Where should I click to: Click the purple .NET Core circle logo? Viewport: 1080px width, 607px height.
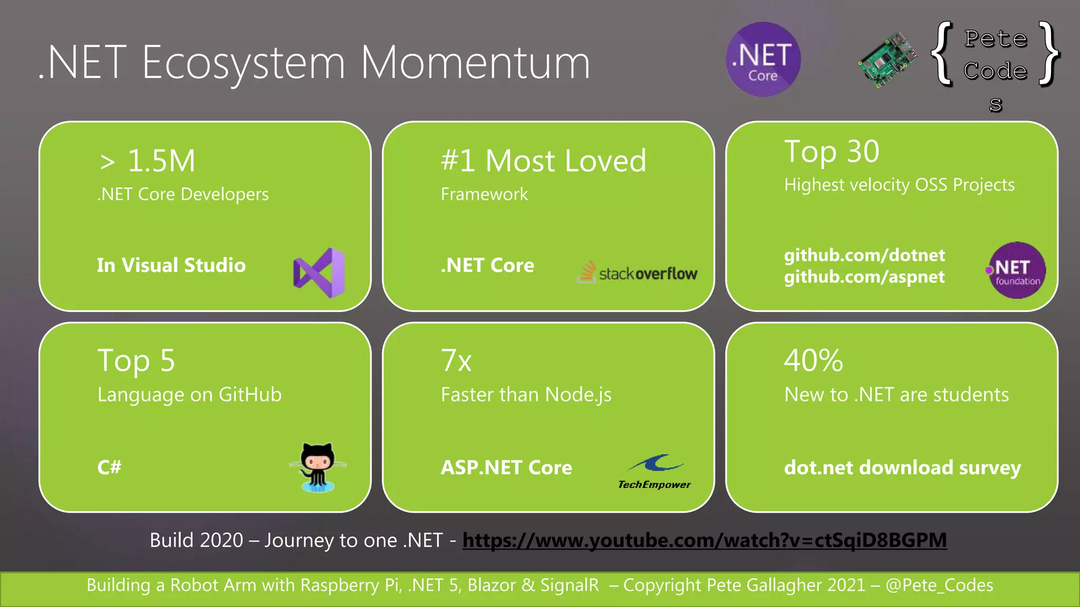click(763, 60)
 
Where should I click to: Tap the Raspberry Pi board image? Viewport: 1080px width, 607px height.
click(888, 60)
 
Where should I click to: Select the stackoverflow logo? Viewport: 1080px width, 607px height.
click(638, 272)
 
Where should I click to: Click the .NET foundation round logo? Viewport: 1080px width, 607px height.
click(1016, 270)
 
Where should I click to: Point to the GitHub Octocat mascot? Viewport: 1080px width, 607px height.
click(318, 467)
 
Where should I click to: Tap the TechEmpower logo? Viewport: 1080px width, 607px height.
click(654, 472)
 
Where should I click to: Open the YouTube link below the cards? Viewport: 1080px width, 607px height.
click(705, 540)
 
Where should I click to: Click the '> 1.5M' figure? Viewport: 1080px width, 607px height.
click(148, 161)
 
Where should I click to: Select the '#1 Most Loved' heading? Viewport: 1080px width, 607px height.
click(543, 161)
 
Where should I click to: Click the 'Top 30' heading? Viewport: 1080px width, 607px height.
click(832, 152)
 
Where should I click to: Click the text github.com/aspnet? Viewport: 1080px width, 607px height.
click(864, 277)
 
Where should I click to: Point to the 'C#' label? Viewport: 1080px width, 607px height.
click(109, 467)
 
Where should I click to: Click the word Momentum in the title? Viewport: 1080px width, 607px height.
click(475, 63)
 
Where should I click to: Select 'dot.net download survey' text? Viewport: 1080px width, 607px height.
click(902, 467)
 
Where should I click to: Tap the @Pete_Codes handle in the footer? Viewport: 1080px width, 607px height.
click(939, 585)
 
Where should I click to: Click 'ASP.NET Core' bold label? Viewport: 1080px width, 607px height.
click(506, 467)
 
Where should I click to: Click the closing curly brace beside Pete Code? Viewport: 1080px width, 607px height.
click(1048, 54)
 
